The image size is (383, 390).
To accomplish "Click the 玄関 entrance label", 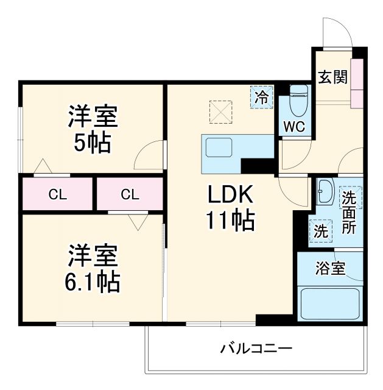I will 332,77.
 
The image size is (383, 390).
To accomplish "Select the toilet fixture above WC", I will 298,101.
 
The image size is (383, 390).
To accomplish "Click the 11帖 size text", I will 231,221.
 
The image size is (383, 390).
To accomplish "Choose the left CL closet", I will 57,194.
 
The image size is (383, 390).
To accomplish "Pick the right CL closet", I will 130,194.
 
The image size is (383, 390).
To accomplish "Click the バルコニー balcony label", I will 256,349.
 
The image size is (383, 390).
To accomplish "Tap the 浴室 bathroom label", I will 330,269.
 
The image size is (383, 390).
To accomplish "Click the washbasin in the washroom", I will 324,193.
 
